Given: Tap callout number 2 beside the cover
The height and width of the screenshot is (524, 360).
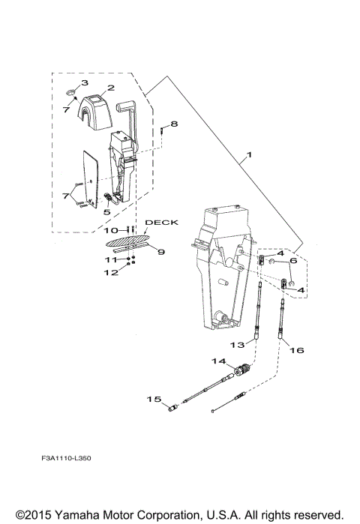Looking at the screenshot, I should click(109, 88).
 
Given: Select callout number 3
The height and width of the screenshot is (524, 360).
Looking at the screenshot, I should click(85, 82).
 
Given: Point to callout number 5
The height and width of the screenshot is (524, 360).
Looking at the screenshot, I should click(106, 213).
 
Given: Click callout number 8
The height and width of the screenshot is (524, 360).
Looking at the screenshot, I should click(174, 124).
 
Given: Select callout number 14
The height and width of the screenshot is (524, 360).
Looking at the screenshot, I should click(220, 361).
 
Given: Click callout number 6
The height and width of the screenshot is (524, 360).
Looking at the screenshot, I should click(293, 262).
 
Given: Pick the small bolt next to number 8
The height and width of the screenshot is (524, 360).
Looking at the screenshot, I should click(161, 133).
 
